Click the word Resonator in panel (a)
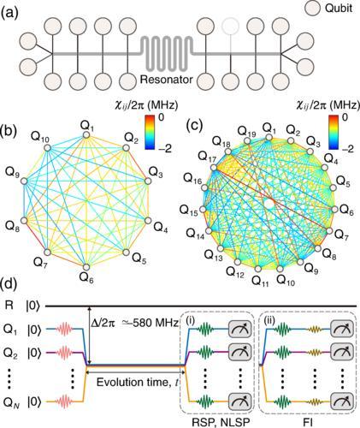pyautogui.click(x=167, y=80)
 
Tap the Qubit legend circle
pyautogui.click(x=313, y=9)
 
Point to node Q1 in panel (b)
pyautogui.click(x=86, y=135)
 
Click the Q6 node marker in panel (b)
pyautogui.click(x=86, y=267)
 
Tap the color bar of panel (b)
pyautogui.click(x=150, y=132)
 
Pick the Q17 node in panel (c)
pyautogui.click(x=214, y=169)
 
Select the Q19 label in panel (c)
pyautogui.click(x=247, y=132)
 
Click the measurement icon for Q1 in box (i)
pyautogui.click(x=239, y=330)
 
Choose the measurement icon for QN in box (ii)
pyautogui.click(x=342, y=401)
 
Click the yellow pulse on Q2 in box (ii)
pyautogui.click(x=315, y=353)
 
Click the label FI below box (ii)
pyautogui.click(x=308, y=422)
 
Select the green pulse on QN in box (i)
pyautogui.click(x=205, y=401)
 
